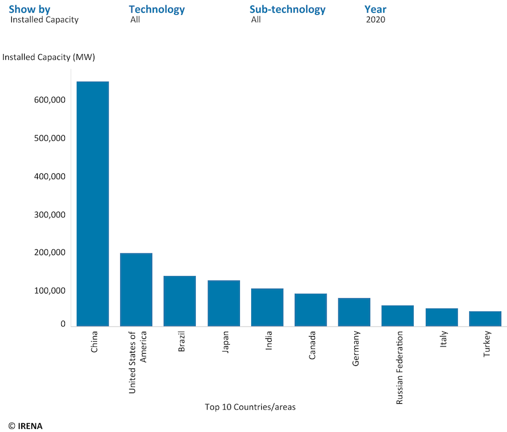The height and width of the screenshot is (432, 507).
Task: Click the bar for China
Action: pos(93,204)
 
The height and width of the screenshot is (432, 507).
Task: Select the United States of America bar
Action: pos(136,289)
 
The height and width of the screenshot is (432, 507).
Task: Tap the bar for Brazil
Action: pos(180,301)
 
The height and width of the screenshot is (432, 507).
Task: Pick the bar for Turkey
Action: pos(485,318)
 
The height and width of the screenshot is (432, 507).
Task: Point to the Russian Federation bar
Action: pos(397,315)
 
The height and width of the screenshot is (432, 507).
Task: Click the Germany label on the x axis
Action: pos(356,349)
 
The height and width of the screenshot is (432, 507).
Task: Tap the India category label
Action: pos(269,341)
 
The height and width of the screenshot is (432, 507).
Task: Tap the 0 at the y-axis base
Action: pos(63,324)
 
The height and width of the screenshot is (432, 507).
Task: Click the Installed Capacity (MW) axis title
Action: pos(49,57)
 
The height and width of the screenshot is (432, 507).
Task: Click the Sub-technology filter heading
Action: pos(287,9)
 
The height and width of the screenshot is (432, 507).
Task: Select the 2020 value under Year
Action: pos(376,19)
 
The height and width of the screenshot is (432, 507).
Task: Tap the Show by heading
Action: pos(29,9)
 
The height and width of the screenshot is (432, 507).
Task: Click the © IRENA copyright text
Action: pos(25,425)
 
